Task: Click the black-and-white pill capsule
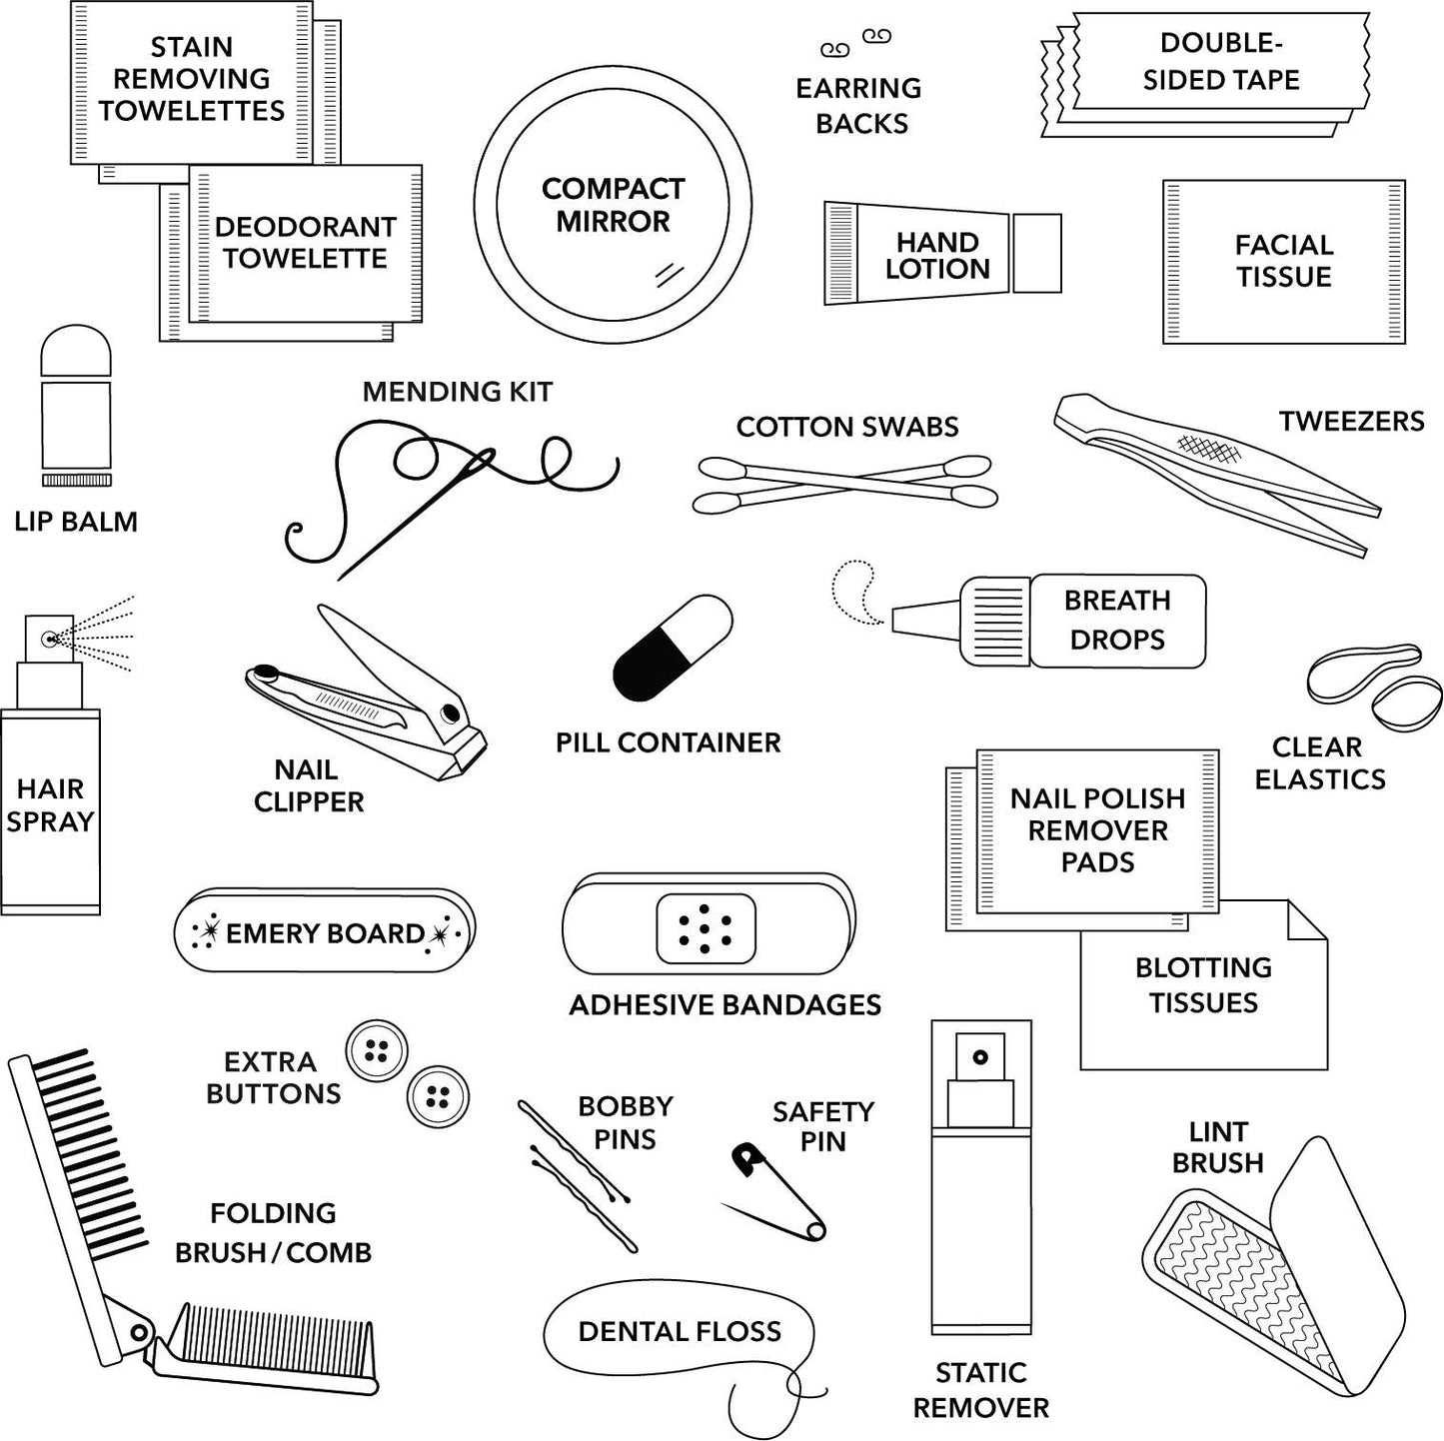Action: (673, 647)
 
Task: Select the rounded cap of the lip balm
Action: (76, 350)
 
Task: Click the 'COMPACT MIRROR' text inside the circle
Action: (613, 205)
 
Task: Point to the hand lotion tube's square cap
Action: (1036, 253)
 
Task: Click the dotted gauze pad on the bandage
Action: (706, 928)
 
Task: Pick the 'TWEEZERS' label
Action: (1351, 421)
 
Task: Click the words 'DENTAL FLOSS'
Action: (680, 1331)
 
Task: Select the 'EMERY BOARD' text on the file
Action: (325, 933)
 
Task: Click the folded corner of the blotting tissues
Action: (1305, 920)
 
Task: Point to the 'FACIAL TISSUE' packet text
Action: (1283, 261)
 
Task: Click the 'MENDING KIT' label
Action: (457, 392)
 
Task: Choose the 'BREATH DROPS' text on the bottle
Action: (1116, 620)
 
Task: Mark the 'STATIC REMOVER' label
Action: (980, 1390)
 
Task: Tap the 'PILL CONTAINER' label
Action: (668, 742)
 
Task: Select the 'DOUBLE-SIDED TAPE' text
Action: (1220, 62)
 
